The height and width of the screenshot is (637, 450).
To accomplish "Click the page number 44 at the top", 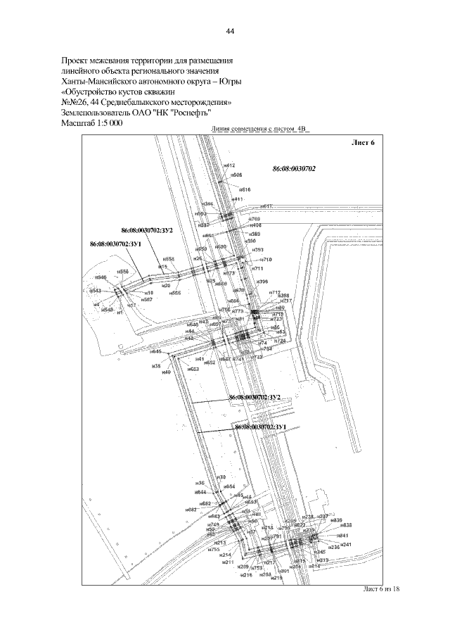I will point(229,32).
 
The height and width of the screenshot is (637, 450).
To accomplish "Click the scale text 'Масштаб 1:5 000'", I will point(93,122).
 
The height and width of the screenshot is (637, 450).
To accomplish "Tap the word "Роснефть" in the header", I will point(188,112).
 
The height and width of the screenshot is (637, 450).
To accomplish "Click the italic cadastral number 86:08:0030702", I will point(294,169).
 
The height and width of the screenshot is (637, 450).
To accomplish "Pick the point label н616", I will point(245,189).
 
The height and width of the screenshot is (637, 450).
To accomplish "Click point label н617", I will point(266,206).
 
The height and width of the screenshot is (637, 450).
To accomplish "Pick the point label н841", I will point(343,536).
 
